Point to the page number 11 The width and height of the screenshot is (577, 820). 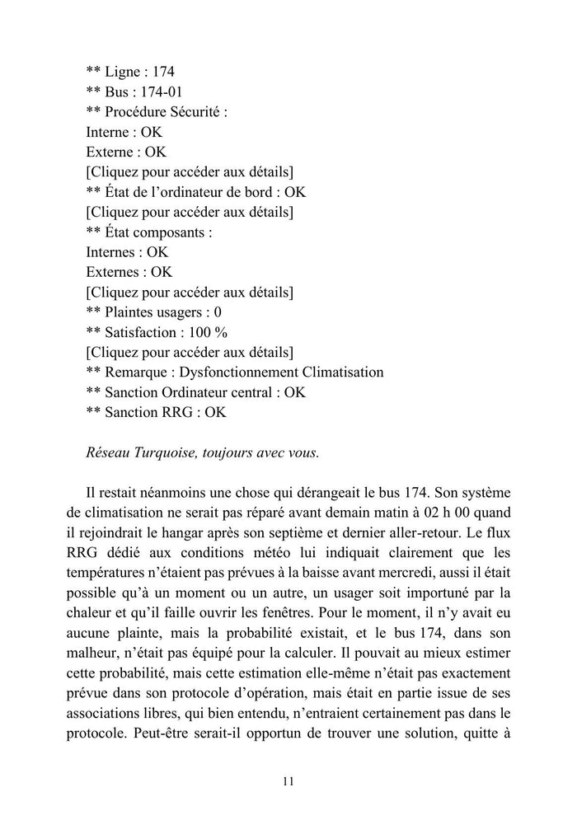click(288, 781)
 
